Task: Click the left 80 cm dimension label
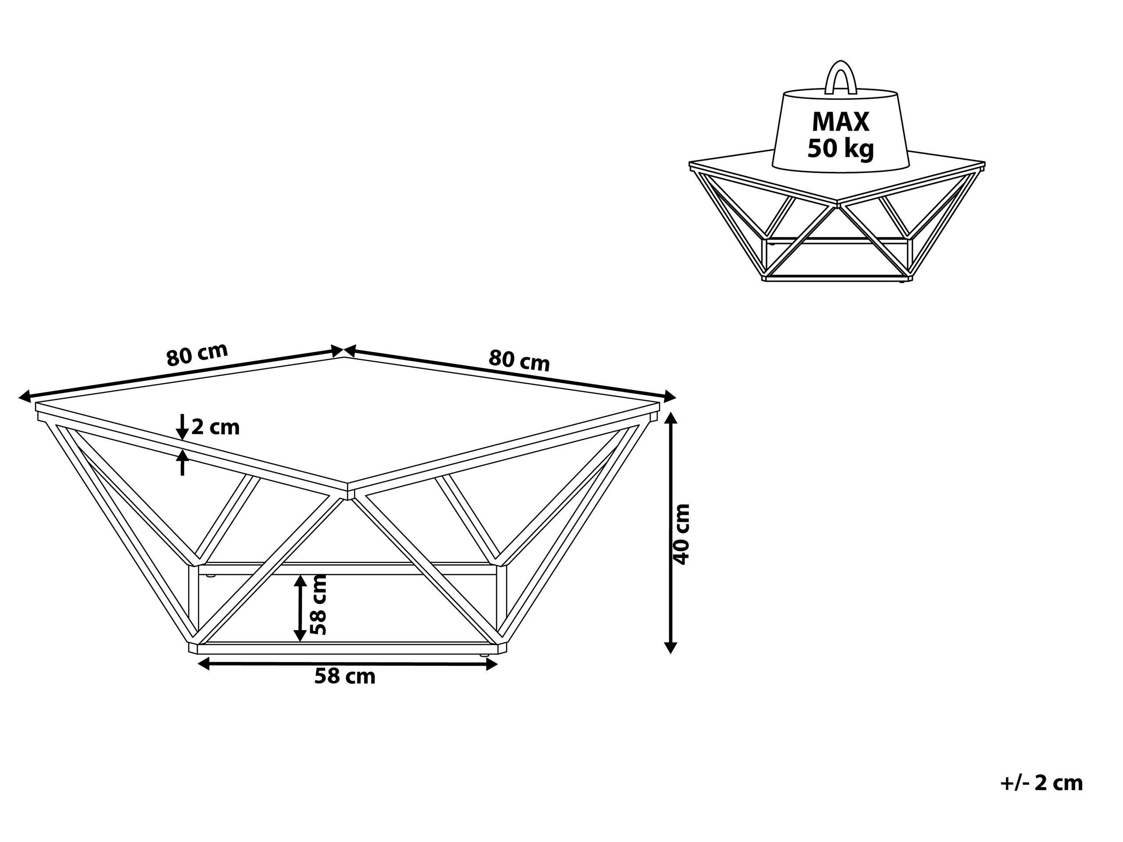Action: coord(197,355)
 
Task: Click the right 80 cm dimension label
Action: coord(519,360)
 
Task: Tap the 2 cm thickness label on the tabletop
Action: coord(215,427)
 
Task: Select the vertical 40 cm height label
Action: coord(681,535)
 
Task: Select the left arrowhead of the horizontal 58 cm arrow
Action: coord(203,664)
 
